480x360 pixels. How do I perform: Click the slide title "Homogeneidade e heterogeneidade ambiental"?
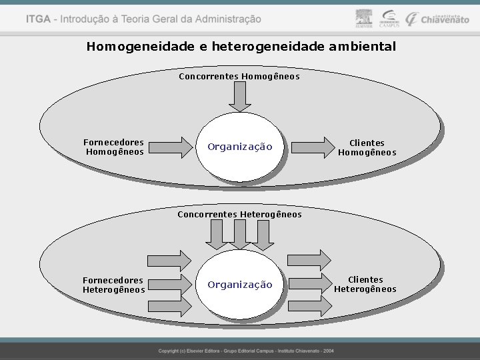(x=241, y=47)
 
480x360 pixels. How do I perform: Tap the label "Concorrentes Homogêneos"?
(x=239, y=77)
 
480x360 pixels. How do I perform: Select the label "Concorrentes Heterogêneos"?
(x=239, y=215)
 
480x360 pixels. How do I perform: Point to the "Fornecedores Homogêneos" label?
(x=114, y=147)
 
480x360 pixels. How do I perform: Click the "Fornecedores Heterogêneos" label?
(x=113, y=285)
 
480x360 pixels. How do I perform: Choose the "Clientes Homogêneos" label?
(x=367, y=147)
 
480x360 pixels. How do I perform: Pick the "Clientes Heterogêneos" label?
(x=365, y=285)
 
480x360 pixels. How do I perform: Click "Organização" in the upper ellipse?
(x=240, y=147)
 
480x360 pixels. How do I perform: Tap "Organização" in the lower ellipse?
(x=240, y=285)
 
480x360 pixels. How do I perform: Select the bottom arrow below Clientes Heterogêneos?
(x=310, y=306)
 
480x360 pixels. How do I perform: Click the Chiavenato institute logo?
(x=438, y=19)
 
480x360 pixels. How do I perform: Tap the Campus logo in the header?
(x=389, y=19)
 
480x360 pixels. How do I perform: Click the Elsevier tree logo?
(x=363, y=18)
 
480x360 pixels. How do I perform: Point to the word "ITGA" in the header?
(x=38, y=19)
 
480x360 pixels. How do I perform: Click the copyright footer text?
(x=246, y=351)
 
